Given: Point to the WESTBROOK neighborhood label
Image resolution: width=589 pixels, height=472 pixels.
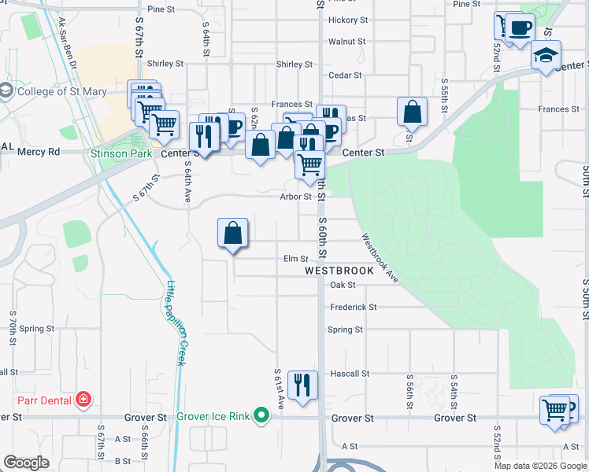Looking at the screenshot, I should [x=339, y=271].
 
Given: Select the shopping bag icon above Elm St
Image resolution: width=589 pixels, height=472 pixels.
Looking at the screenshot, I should [x=233, y=233].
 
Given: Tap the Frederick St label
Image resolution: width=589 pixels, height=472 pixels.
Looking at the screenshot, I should [x=354, y=308].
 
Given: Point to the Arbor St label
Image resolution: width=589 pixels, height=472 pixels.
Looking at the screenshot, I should [x=295, y=197].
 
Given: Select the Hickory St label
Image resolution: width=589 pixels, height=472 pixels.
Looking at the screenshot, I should [x=349, y=20].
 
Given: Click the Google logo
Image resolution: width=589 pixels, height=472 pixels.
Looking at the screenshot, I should [x=27, y=463].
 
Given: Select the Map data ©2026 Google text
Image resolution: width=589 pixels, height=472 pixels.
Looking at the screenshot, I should [x=540, y=466].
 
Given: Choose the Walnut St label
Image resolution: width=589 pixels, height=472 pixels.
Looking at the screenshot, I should [x=347, y=41].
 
